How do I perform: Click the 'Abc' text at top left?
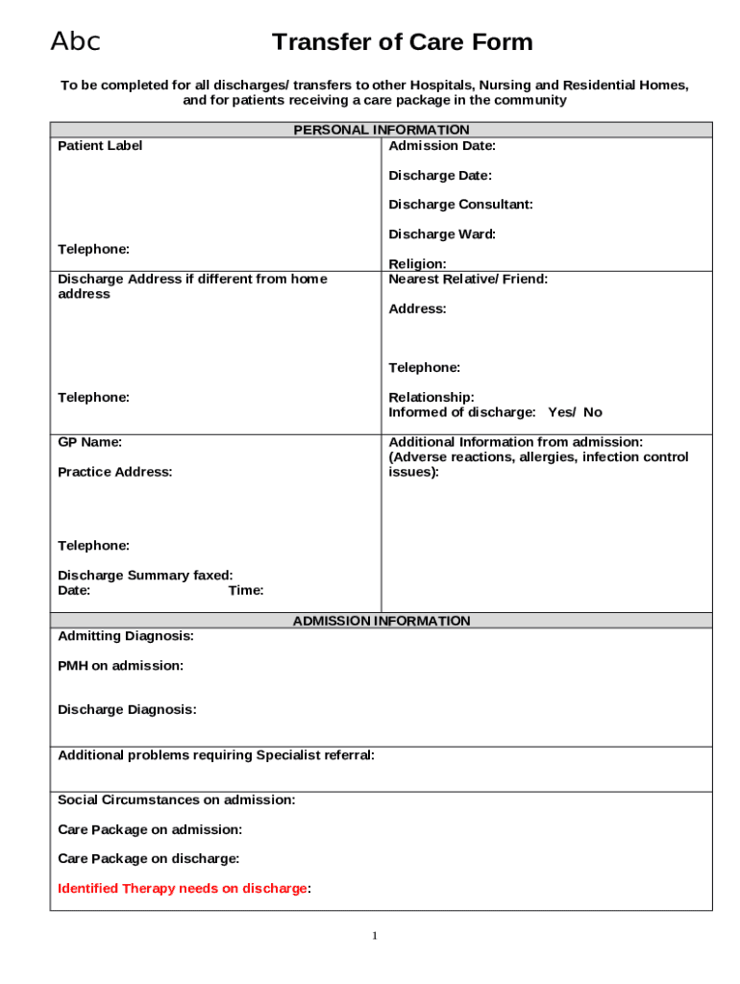(75, 41)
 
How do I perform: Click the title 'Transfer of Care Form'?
(402, 42)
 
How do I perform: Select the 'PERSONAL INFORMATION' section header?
(382, 130)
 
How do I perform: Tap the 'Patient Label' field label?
(100, 146)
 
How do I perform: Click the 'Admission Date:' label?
(442, 146)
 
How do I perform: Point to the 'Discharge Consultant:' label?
(460, 205)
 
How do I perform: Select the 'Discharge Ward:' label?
(442, 234)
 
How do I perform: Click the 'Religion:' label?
(417, 263)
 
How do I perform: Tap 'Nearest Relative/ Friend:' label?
(468, 279)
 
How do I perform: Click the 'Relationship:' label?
(432, 397)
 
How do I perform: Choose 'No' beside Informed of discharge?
(593, 412)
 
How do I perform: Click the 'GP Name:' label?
(89, 442)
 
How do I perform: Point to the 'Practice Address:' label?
(115, 472)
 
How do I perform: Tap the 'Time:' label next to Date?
(246, 590)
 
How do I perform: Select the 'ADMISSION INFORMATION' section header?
(382, 621)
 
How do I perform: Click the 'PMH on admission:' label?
(120, 665)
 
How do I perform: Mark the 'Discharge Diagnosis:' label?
(127, 709)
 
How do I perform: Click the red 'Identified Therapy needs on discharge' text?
(183, 888)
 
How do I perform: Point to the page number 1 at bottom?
(375, 936)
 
